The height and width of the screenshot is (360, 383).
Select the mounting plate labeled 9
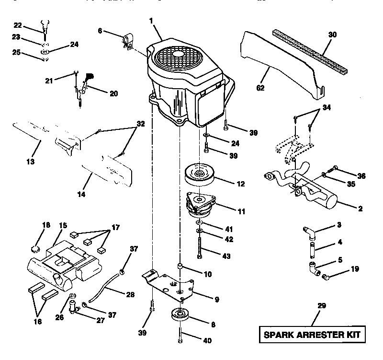(175, 288)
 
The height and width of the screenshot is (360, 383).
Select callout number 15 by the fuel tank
(63, 226)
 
